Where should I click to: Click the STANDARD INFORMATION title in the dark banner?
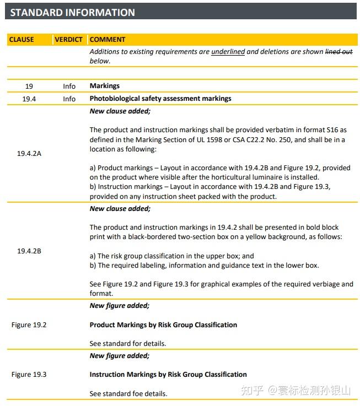72,12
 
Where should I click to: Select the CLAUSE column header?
22,40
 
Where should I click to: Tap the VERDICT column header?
68,40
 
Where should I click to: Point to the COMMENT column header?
108,40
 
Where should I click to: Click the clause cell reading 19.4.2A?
29,154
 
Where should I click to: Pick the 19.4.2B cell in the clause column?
29,251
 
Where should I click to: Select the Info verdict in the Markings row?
69,86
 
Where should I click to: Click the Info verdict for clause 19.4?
69,99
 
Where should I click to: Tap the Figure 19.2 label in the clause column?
29,325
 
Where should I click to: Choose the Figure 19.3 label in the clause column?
29,375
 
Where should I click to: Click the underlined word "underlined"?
228,52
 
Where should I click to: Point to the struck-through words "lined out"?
338,52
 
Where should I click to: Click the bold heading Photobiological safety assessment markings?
160,99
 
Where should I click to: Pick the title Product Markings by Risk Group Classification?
163,325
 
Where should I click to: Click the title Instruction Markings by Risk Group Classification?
168,375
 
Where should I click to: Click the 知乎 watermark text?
253,391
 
